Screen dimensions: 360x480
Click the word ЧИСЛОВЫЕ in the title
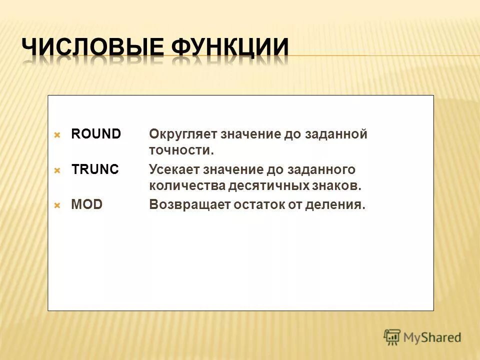(93, 48)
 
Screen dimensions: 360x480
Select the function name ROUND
(96, 134)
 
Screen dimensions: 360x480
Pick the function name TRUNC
(95, 169)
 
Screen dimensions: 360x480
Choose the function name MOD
(86, 204)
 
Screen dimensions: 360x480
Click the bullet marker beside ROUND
(57, 135)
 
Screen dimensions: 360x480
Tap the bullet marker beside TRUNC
(57, 170)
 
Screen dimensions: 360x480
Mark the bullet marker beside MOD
(57, 205)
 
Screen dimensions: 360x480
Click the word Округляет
(182, 134)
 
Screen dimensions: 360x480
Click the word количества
(187, 186)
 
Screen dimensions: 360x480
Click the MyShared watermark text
(432, 337)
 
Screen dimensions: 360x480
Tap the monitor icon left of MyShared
(392, 337)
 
